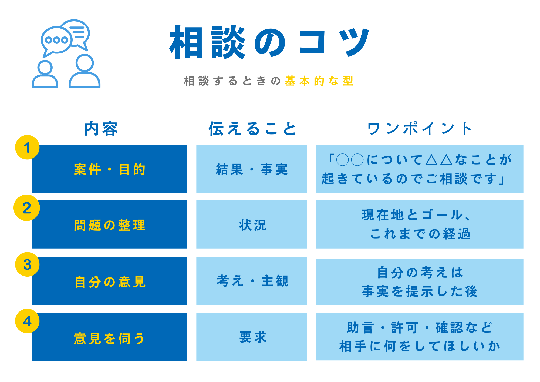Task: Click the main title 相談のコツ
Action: point(269,42)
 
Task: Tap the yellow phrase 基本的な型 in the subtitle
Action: point(319,81)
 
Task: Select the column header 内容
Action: point(101,129)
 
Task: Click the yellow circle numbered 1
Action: point(27,147)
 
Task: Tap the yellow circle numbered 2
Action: point(27,208)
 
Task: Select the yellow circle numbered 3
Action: point(27,264)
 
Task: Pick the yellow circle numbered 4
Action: point(27,321)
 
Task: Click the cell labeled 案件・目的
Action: point(110,169)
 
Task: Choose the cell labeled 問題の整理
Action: point(110,224)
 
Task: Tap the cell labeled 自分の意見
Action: point(110,281)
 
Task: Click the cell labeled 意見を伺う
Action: point(110,337)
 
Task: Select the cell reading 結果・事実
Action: point(252,169)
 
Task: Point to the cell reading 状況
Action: point(252,224)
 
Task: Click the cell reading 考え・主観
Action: point(252,281)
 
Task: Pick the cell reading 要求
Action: point(252,337)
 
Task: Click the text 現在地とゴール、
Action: point(417,215)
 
